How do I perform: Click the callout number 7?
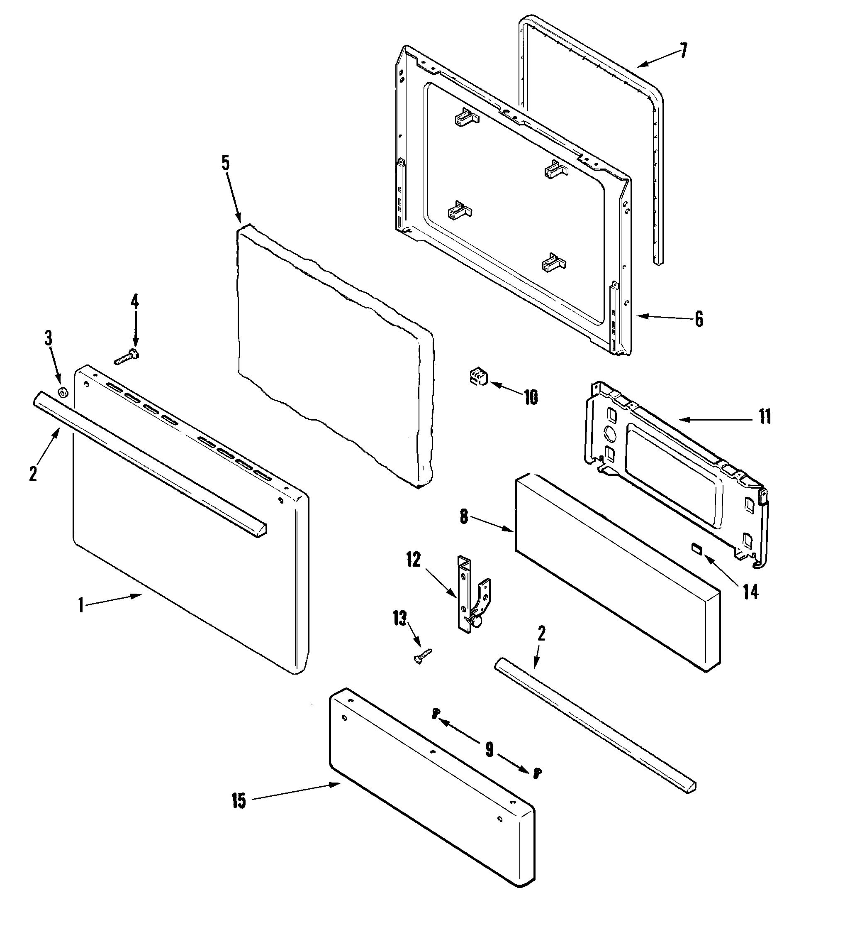pos(683,51)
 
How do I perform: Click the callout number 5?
pos(225,163)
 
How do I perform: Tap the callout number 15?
pos(239,801)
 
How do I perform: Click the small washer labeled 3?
pos(62,393)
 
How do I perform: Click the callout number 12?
pos(414,560)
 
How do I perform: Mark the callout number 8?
pos(464,517)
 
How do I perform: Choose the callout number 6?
pos(699,319)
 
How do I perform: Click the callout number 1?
pos(81,605)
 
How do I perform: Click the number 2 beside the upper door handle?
pos(33,474)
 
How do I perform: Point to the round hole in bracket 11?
pos(610,434)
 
